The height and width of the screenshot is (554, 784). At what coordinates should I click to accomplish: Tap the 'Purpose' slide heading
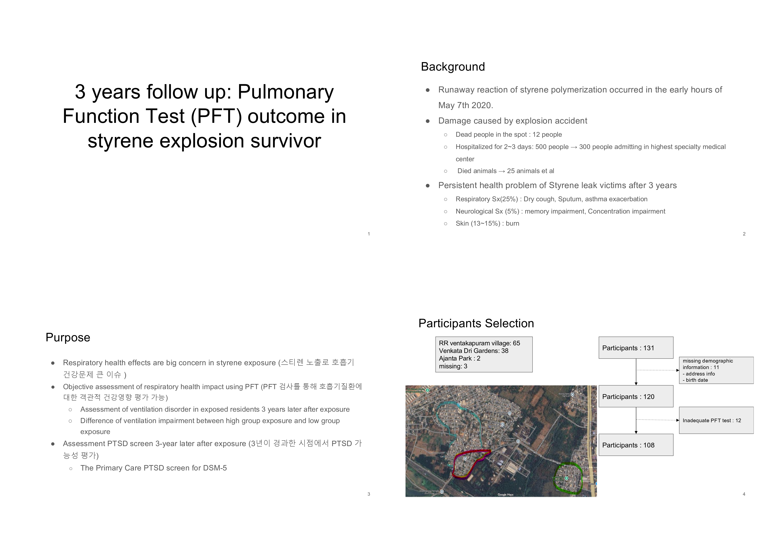68,337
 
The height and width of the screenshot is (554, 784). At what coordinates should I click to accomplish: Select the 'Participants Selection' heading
476,323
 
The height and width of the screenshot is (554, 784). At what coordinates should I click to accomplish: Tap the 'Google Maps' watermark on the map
505,494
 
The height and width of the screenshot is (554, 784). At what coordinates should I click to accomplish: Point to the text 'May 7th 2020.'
465,105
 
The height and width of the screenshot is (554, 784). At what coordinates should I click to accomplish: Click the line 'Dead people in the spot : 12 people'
509,134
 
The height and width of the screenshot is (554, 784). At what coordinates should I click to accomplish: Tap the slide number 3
369,494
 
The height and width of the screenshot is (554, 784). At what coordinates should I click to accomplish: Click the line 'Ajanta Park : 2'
459,358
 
